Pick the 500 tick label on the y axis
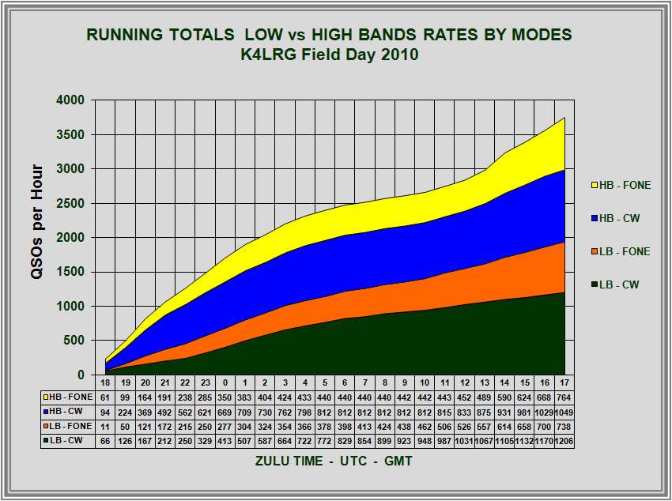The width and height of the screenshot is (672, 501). click(75, 341)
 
